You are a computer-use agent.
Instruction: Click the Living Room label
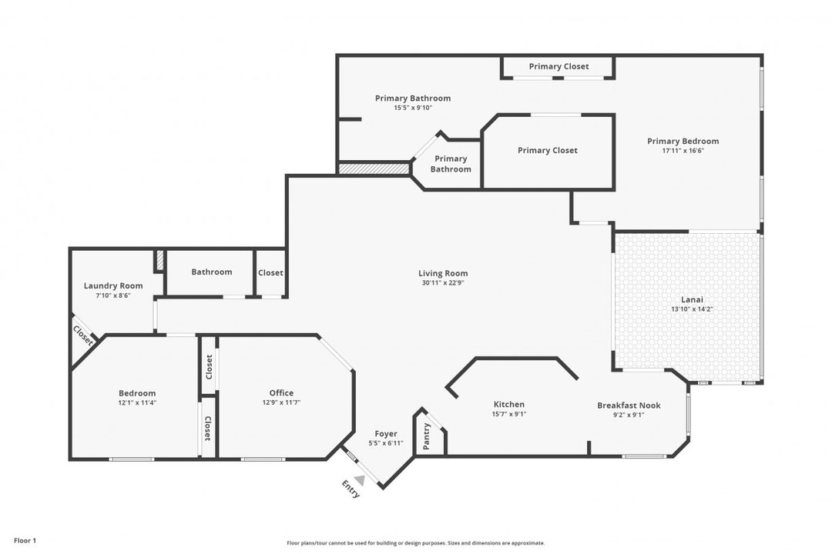pos(443,273)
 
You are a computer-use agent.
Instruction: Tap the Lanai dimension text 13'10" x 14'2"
pos(692,309)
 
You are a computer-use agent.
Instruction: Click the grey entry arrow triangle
pos(359,480)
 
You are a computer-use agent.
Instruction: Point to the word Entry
pos(350,489)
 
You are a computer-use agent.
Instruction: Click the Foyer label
pos(386,434)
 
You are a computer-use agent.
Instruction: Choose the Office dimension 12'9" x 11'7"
pos(281,402)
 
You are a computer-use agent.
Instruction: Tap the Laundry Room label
pos(113,285)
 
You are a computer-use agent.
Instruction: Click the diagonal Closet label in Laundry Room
pos(83,335)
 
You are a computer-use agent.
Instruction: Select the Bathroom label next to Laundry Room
pos(212,272)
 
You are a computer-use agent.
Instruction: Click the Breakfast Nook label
pos(629,405)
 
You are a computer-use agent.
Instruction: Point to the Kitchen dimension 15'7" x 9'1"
pos(508,414)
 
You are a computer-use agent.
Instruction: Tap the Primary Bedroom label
pos(683,141)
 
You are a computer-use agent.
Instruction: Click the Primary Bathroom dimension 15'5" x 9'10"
pos(413,108)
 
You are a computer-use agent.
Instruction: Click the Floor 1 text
pos(25,541)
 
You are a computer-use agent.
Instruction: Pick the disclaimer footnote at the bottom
pos(415,542)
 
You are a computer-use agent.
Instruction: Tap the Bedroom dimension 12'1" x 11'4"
pos(137,402)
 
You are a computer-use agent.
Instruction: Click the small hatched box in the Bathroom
pos(159,261)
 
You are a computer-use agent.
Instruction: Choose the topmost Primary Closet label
pos(559,66)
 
